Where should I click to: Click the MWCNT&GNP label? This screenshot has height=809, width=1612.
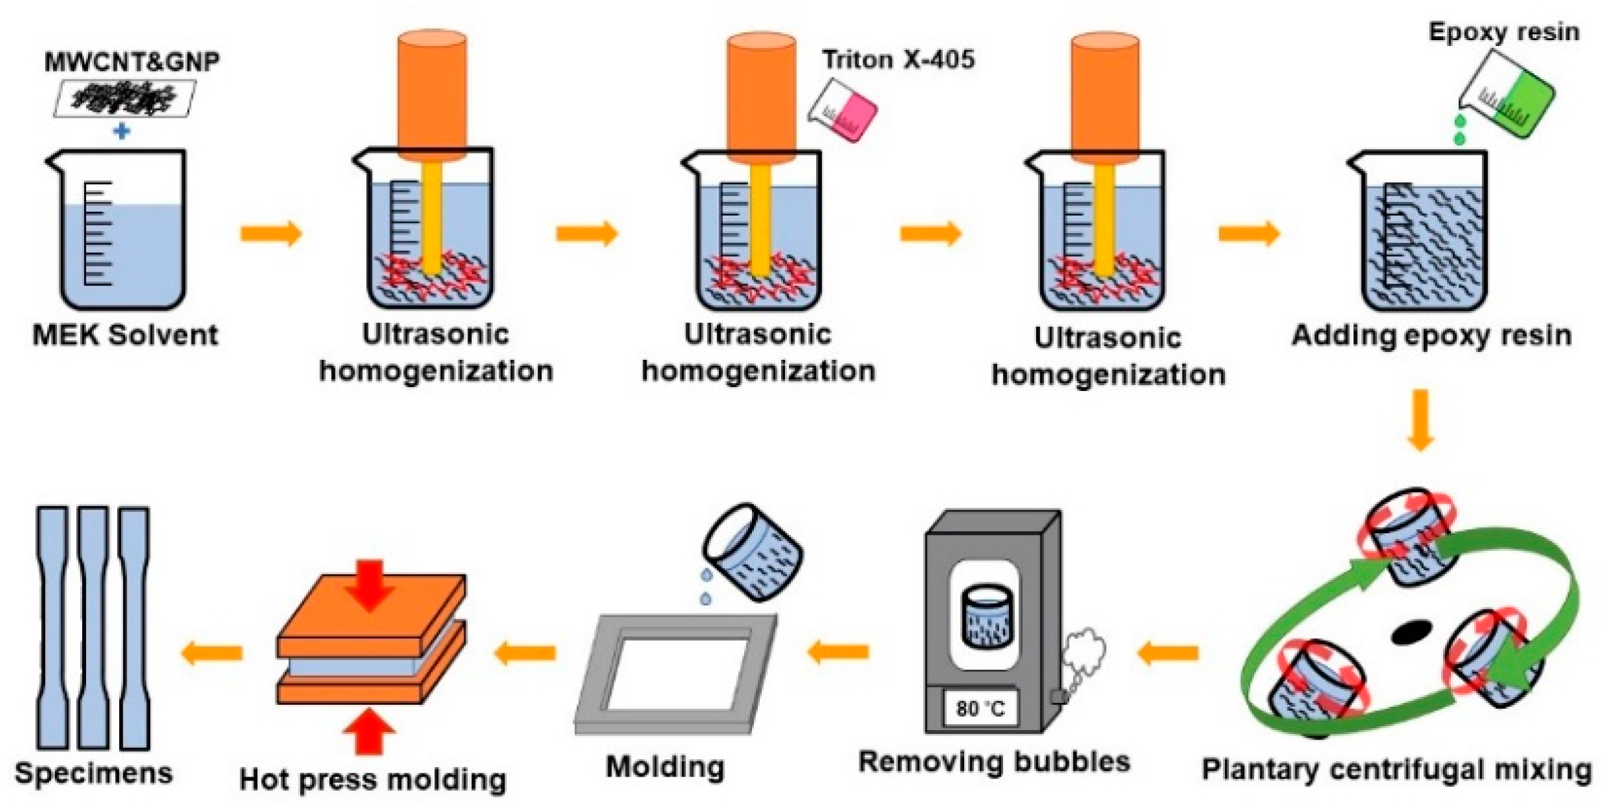click(x=132, y=61)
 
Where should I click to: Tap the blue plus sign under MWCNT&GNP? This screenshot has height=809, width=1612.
click(x=122, y=131)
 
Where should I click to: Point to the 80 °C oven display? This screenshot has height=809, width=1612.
click(x=980, y=708)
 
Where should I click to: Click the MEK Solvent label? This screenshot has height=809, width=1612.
click(x=126, y=335)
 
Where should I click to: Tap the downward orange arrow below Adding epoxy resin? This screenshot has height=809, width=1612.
click(x=1420, y=419)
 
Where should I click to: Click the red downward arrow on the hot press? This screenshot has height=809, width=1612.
click(x=369, y=586)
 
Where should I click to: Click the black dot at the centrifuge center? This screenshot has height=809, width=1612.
click(x=1411, y=632)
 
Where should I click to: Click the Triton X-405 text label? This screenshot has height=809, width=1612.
click(x=898, y=60)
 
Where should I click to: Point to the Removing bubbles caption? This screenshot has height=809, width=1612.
click(x=994, y=762)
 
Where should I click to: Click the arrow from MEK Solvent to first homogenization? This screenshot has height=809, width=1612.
click(x=271, y=233)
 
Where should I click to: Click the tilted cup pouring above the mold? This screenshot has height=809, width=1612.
click(x=753, y=552)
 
